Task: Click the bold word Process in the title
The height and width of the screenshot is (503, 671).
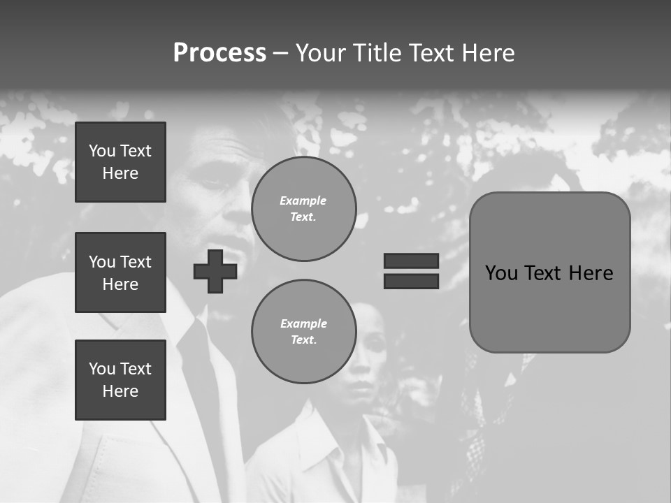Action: (219, 53)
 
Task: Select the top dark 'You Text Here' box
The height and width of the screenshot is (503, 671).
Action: (120, 162)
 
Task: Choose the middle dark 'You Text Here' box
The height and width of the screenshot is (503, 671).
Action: (120, 272)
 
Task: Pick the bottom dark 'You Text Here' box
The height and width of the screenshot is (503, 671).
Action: (120, 380)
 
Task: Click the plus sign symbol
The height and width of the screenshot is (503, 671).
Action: (215, 271)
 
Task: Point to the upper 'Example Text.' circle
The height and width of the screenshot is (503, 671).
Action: (303, 209)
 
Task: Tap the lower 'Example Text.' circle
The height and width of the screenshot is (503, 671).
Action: (303, 332)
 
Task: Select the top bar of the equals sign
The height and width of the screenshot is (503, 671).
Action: (411, 261)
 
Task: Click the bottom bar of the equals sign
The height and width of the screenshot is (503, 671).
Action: (411, 281)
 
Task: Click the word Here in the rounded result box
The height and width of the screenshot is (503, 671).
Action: (591, 272)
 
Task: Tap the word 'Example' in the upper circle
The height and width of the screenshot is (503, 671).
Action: (303, 201)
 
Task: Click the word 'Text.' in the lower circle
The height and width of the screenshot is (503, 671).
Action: (303, 340)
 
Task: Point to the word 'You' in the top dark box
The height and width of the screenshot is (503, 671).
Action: (102, 151)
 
